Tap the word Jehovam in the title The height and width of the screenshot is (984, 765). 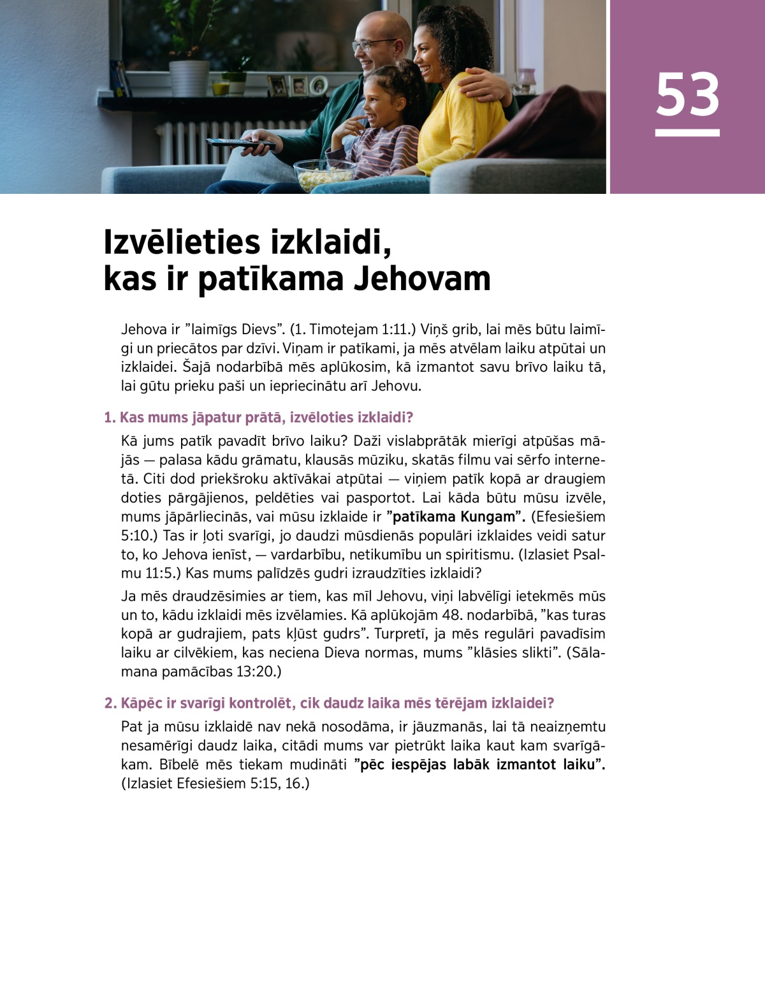click(x=421, y=279)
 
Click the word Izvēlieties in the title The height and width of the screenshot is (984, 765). click(x=182, y=242)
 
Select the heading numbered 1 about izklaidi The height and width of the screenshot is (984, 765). click(x=259, y=418)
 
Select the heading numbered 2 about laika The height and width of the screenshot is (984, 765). click(x=329, y=703)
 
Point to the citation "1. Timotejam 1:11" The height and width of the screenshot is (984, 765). click(x=353, y=330)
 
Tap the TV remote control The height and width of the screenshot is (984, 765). click(x=239, y=143)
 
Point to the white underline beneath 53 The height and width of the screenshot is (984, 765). click(x=687, y=133)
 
